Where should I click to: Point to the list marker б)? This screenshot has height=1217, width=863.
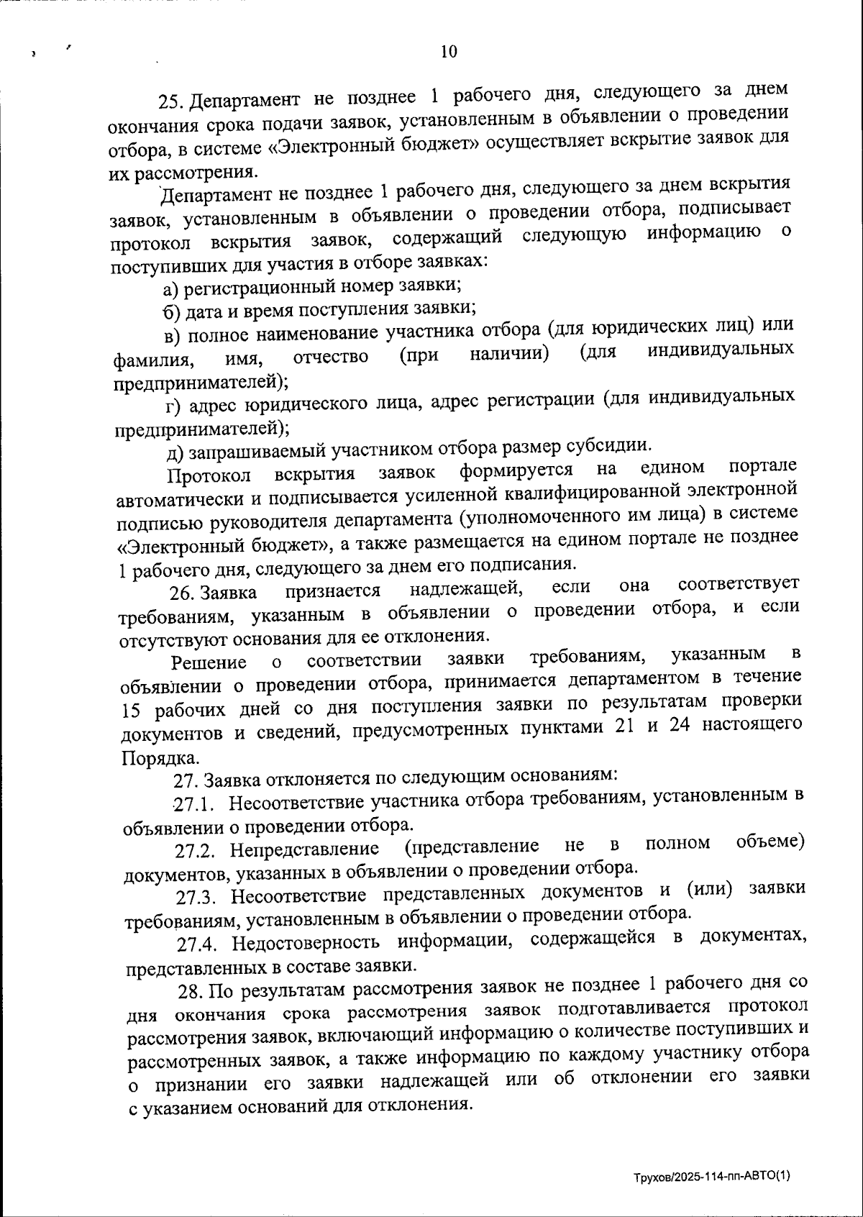click(171, 312)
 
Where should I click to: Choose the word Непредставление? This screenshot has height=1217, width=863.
click(304, 849)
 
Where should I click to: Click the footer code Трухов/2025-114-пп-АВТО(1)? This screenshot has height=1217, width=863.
click(711, 1177)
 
